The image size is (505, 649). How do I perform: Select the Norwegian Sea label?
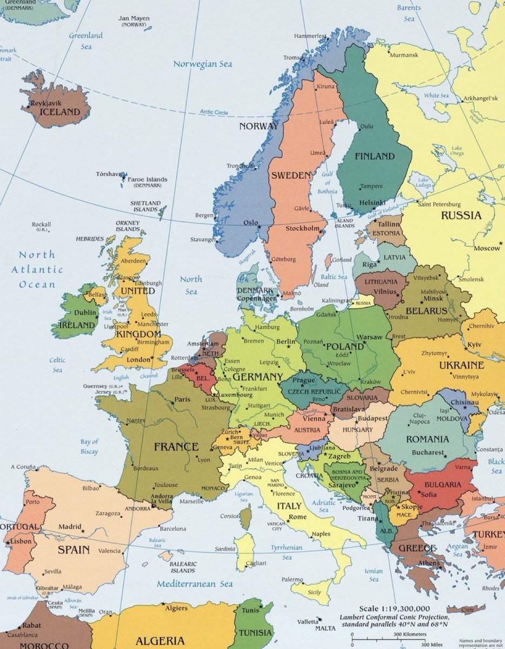coord(202,64)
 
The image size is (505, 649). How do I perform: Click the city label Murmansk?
coord(404,55)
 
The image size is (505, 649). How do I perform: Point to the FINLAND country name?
coord(374,156)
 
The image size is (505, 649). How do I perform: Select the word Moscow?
coord(487,248)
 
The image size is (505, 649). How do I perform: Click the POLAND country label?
coord(345,346)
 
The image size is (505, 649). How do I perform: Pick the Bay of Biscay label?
coord(89,447)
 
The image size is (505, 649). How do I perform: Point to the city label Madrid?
coord(69,526)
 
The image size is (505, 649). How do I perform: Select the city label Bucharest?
coord(427,452)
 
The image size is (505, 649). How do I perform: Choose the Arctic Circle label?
coord(214,112)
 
